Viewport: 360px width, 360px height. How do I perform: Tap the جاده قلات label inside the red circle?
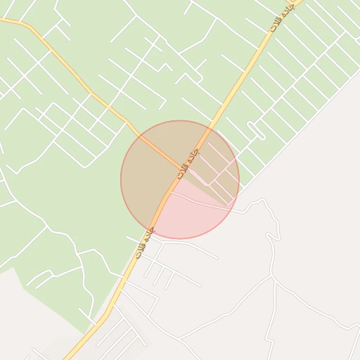click(188, 162)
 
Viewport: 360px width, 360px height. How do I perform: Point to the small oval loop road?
click(256, 130)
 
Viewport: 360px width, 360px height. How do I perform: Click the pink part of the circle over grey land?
click(190, 218)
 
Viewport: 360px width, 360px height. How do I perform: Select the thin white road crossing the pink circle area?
click(204, 203)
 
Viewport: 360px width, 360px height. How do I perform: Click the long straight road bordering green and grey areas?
click(295, 141)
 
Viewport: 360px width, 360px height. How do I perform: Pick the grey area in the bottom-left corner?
click(21, 316)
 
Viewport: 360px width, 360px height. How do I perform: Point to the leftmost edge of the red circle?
click(121, 180)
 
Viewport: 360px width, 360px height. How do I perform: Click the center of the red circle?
click(180, 180)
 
